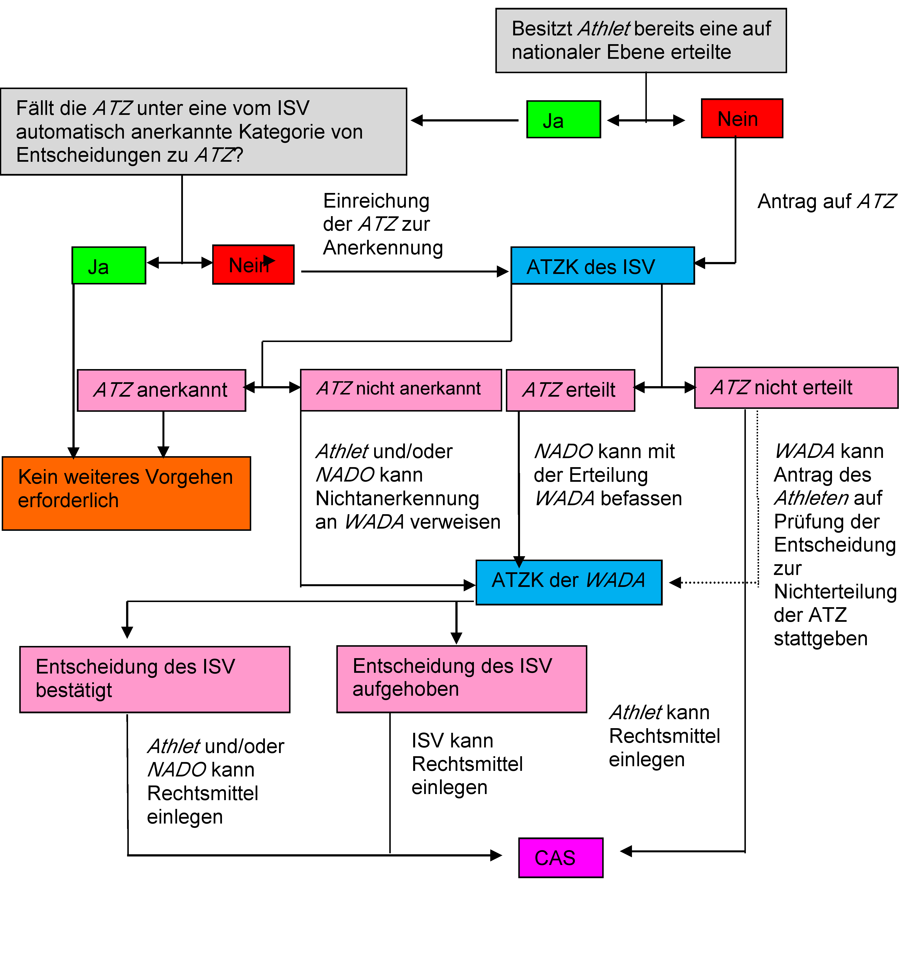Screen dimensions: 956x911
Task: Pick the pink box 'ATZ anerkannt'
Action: tap(161, 390)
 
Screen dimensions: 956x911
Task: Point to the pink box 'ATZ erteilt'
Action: tap(570, 390)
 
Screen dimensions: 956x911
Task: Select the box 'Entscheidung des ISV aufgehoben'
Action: tap(461, 679)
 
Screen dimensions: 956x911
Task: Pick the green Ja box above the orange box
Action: tap(108, 265)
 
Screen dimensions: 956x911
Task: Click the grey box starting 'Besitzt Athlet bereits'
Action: tap(641, 40)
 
